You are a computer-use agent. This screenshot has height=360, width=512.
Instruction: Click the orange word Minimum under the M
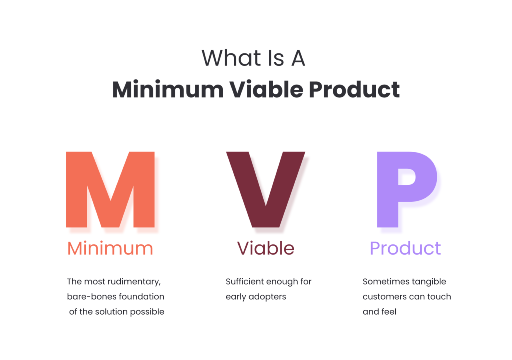point(110,248)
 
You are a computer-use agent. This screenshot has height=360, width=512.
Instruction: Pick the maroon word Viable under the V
point(265,248)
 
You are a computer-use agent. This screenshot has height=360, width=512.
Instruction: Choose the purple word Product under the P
point(405,248)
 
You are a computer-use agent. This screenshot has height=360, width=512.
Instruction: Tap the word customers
point(383,297)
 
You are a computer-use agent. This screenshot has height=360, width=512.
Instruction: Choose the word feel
point(388,312)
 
